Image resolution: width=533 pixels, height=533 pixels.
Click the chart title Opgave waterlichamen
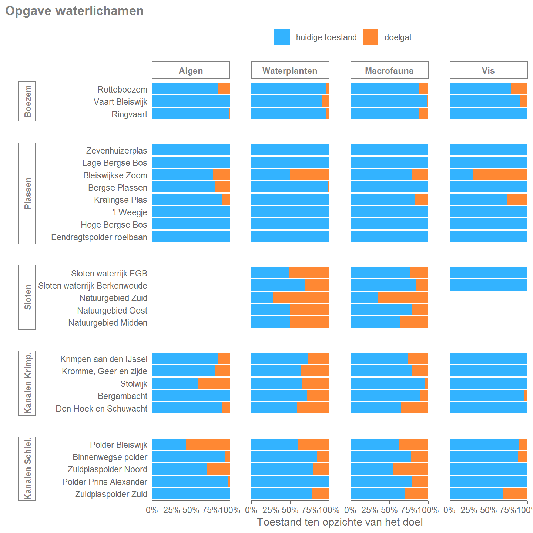coord(74,11)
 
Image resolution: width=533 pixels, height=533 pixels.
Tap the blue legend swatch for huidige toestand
coord(282,37)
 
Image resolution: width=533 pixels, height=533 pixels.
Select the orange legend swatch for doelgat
coord(370,37)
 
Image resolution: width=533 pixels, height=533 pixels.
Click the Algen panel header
coord(191,70)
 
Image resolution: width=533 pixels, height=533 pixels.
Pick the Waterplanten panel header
coord(290,70)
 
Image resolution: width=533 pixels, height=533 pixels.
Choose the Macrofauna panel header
coord(389,70)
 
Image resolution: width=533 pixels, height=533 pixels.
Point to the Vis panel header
coord(488,70)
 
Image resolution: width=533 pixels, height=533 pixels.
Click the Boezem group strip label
coord(27,101)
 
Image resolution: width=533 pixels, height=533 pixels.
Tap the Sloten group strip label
coord(27,297)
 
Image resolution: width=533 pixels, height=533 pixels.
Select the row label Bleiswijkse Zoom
coord(115,175)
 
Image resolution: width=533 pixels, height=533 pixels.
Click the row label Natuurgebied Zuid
coord(113,298)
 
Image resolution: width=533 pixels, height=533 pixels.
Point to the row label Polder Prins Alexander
coord(105,482)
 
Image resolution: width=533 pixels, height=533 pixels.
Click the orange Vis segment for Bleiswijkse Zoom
coord(500,175)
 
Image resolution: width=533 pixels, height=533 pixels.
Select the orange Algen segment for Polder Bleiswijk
coord(208,444)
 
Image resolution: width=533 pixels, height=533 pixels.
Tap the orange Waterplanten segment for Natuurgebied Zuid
coord(301,297)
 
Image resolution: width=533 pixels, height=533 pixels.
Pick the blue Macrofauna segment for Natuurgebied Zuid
coord(364,297)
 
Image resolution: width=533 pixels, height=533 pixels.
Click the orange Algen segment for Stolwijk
coord(214,383)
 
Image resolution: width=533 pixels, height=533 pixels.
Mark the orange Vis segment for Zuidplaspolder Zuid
coord(515,493)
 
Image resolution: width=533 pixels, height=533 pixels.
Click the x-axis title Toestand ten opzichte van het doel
coord(340,522)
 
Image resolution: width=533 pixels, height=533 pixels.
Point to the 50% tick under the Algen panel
coord(191,510)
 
